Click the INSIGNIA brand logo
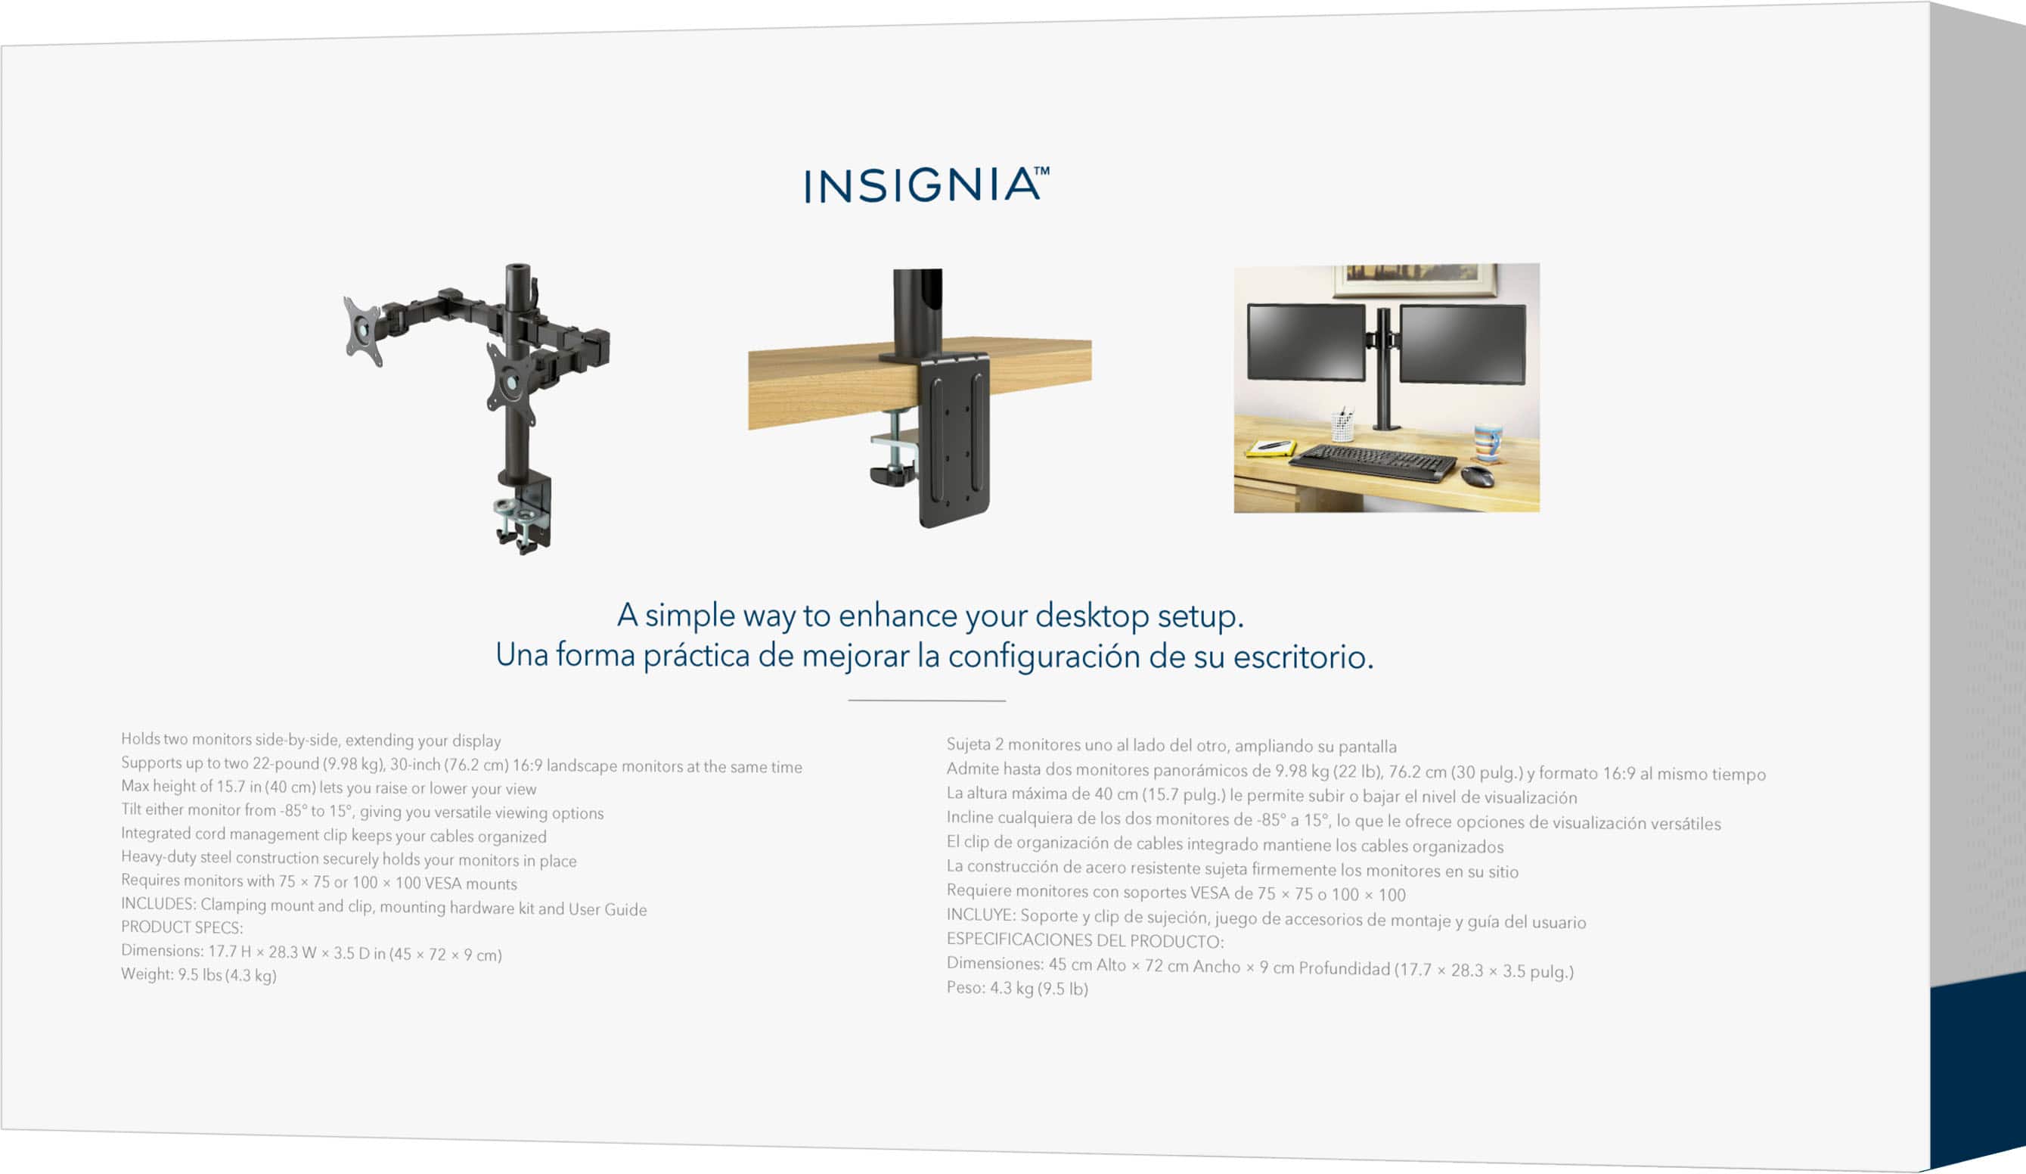tap(927, 184)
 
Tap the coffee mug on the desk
tap(1488, 443)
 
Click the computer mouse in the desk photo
tap(1477, 476)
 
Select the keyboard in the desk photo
tap(1373, 462)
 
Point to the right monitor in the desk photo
tap(1463, 344)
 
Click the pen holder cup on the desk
tap(1342, 426)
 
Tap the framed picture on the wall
tap(1415, 278)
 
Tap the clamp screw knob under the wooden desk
tap(893, 474)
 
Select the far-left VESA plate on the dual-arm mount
tap(364, 331)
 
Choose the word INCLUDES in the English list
tap(157, 903)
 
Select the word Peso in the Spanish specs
tap(965, 986)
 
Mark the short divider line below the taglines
tap(927, 700)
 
